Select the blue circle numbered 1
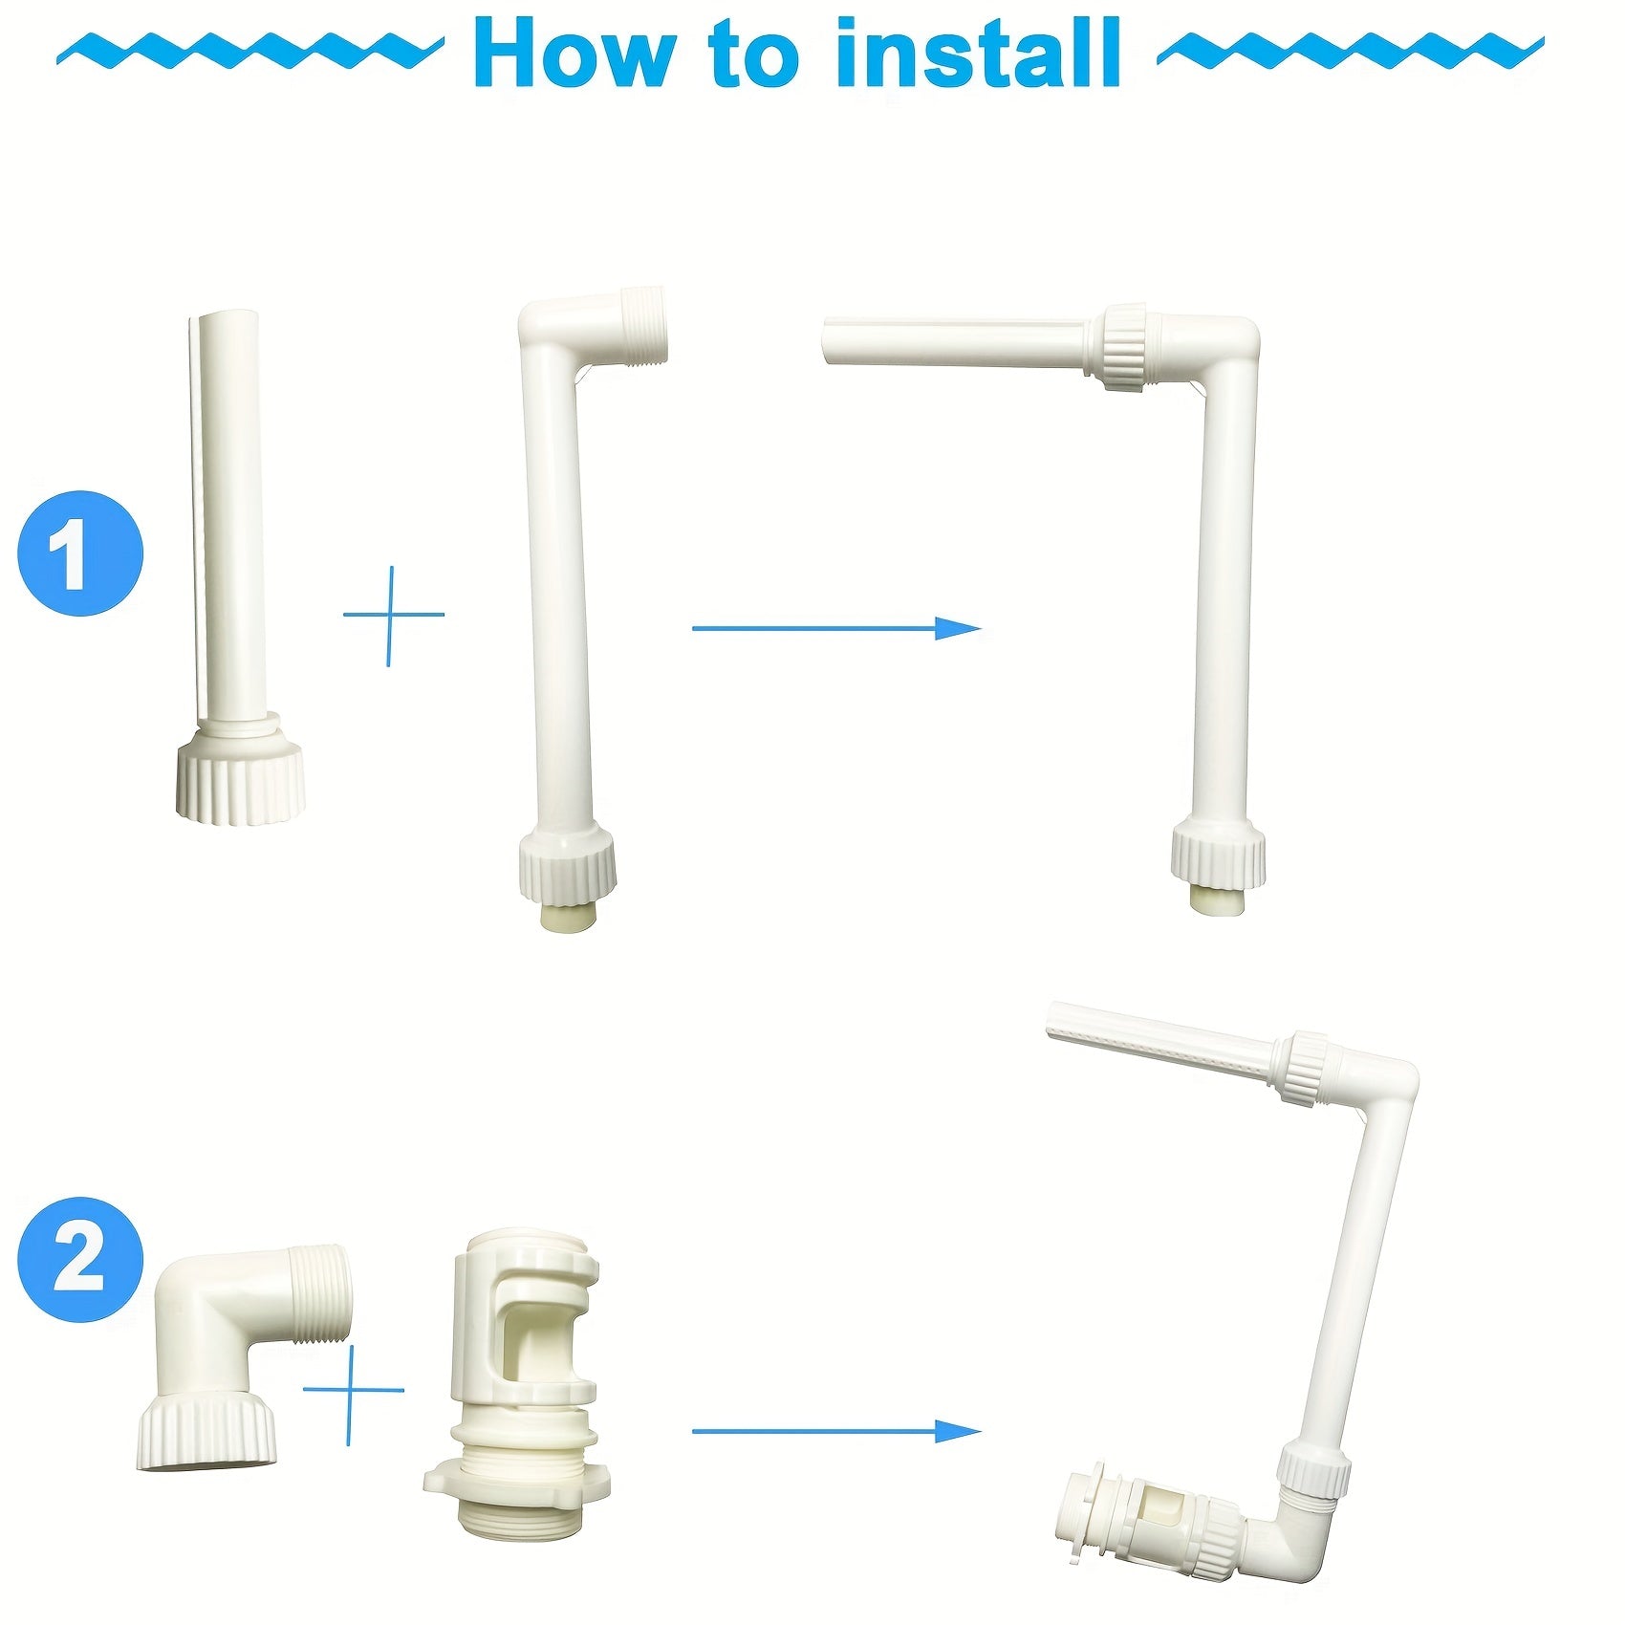pyautogui.click(x=81, y=553)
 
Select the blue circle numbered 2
pyautogui.click(x=81, y=1259)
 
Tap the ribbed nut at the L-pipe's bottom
pyautogui.click(x=567, y=865)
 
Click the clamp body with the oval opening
pyautogui.click(x=526, y=1324)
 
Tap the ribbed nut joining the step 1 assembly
pyautogui.click(x=1125, y=346)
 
